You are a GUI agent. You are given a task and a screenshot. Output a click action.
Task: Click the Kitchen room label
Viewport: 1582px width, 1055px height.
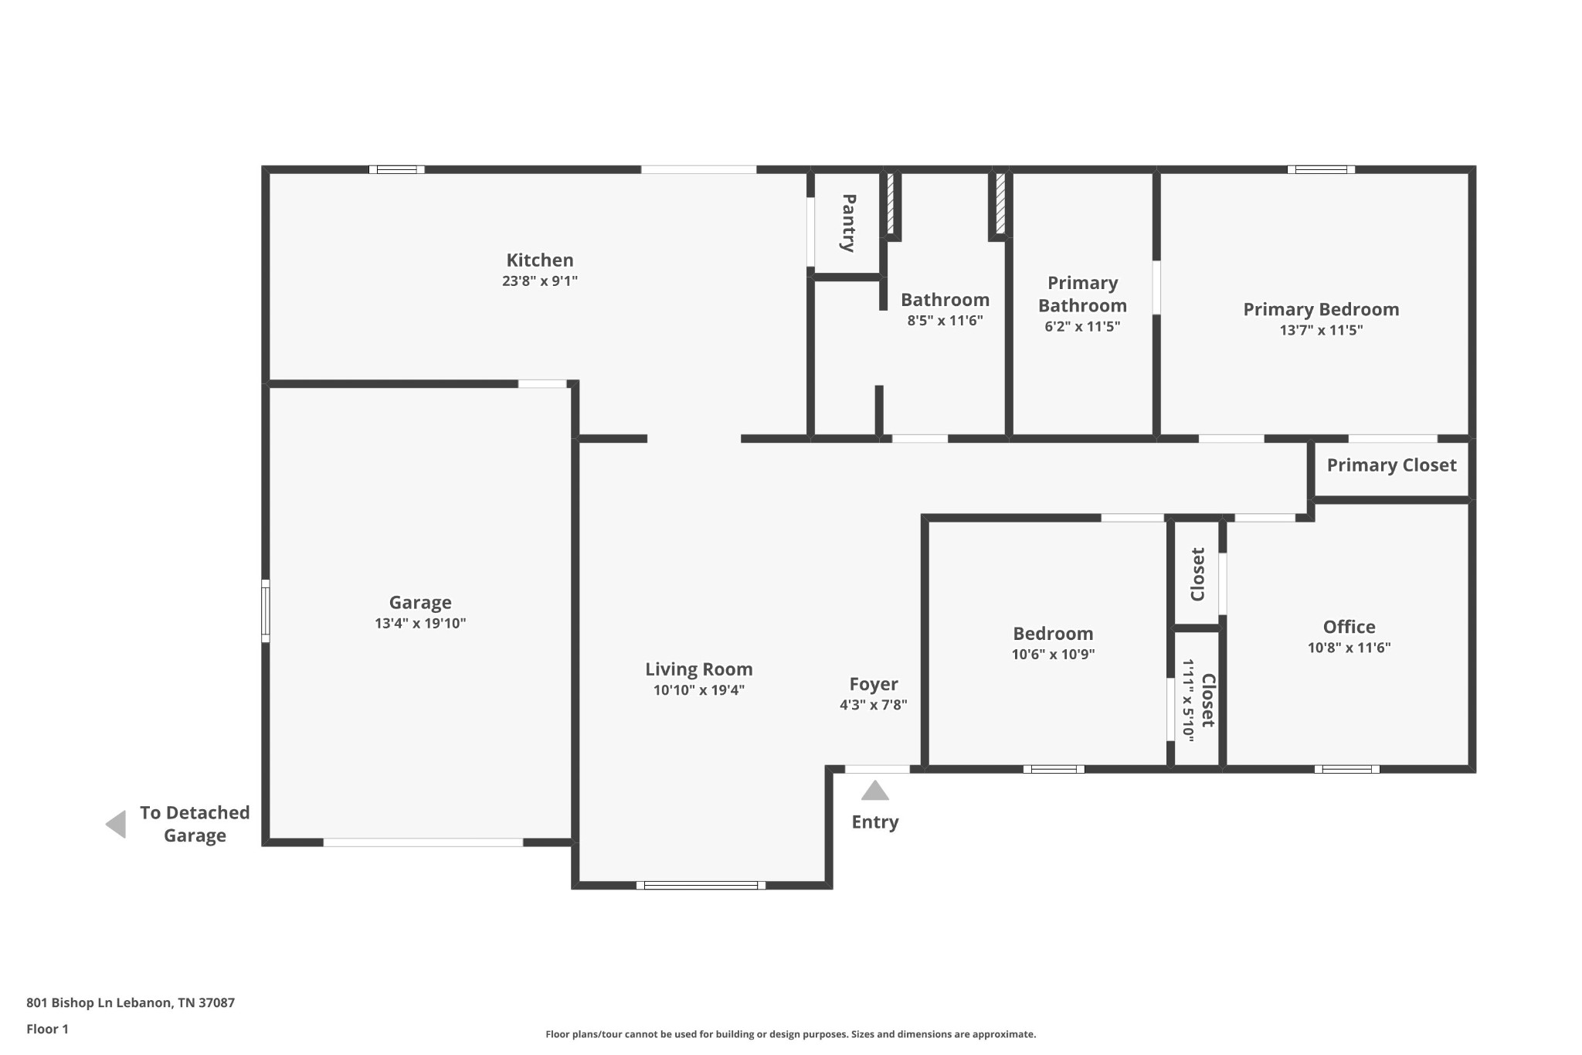point(540,260)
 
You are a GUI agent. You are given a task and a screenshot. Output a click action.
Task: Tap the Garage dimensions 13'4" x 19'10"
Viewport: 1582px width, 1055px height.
point(420,624)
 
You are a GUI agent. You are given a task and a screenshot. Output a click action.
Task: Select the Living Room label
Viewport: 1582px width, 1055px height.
point(699,669)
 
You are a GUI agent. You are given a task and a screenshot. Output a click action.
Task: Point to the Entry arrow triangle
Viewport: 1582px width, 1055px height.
point(875,790)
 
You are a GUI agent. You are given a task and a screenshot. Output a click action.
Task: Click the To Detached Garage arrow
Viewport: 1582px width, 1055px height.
point(116,824)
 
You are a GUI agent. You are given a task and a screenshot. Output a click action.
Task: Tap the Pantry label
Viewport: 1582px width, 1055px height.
point(848,223)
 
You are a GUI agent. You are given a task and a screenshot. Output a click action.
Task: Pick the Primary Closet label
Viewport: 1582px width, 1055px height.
point(1392,465)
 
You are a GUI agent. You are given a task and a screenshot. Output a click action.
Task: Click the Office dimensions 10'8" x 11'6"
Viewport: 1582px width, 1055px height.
point(1349,648)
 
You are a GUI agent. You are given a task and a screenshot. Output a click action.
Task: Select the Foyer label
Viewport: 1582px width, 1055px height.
point(874,684)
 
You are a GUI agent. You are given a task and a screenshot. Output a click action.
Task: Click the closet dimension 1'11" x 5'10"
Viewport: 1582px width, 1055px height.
point(1188,701)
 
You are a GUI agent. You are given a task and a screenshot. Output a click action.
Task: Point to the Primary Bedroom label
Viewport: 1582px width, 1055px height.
point(1321,309)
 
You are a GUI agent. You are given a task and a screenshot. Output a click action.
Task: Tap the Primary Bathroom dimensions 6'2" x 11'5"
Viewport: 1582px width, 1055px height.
point(1082,326)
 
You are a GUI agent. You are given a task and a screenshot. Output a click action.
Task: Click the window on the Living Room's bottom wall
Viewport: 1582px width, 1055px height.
point(701,885)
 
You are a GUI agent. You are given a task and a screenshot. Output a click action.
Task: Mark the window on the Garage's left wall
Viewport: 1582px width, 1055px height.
point(266,611)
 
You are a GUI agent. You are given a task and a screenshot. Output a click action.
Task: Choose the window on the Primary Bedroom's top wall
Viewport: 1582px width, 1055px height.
point(1321,169)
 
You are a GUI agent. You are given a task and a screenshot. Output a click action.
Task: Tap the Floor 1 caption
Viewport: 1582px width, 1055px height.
point(47,1029)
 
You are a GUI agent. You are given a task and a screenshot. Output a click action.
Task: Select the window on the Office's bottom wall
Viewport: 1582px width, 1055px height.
point(1346,769)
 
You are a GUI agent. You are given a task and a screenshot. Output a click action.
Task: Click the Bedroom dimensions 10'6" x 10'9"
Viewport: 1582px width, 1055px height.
point(1053,655)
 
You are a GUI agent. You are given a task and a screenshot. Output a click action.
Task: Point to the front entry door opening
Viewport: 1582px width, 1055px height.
point(877,769)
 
